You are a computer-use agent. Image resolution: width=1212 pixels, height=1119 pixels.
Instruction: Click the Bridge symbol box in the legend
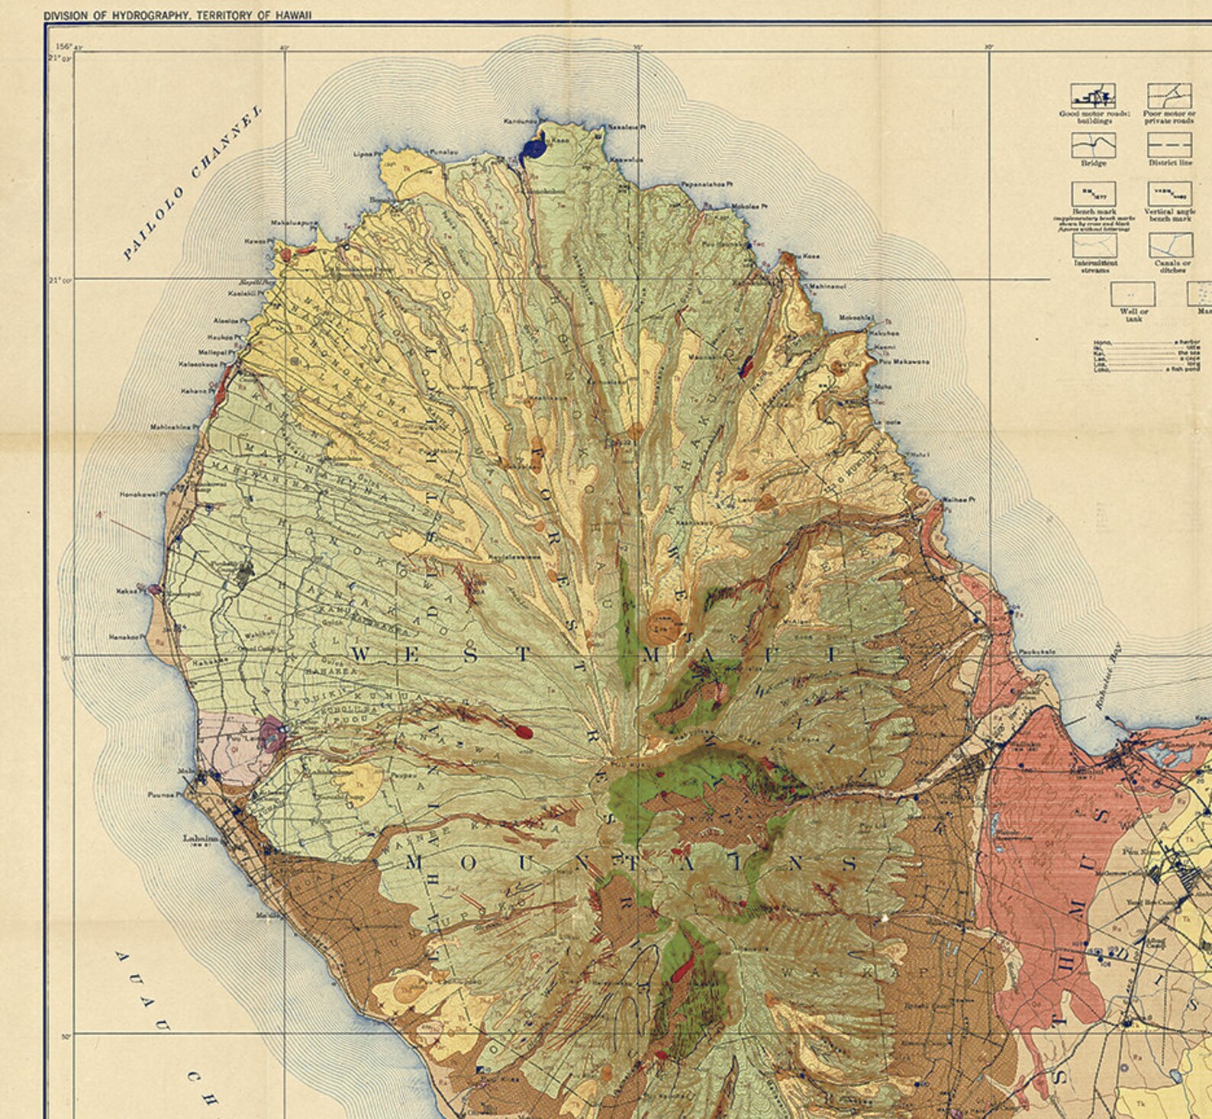coord(1093,145)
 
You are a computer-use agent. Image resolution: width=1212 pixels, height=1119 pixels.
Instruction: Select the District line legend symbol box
coord(1169,145)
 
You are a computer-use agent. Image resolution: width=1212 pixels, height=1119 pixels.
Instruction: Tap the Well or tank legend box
coord(1133,294)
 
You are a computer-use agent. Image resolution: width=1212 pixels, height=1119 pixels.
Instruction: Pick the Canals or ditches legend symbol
coord(1171,245)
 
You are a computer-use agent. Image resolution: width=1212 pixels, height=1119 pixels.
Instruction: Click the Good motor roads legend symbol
coord(1093,96)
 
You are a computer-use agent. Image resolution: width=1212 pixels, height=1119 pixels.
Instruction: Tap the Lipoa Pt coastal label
coord(366,153)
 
